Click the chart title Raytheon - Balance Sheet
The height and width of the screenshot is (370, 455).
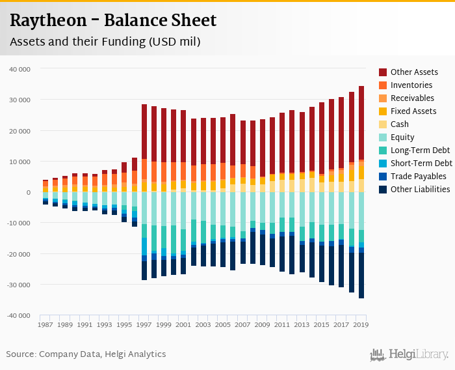112,21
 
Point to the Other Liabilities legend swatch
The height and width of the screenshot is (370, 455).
383,190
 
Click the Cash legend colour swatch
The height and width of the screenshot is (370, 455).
383,124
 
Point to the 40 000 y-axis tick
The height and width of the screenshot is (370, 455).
19,69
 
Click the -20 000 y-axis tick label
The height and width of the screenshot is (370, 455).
17,254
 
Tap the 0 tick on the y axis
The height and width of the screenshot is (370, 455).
28,192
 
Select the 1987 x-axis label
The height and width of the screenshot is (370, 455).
45,324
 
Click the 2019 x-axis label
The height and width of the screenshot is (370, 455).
361,324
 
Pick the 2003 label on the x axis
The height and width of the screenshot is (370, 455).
203,324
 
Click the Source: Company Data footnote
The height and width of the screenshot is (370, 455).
86,354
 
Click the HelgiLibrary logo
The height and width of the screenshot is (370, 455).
409,354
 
